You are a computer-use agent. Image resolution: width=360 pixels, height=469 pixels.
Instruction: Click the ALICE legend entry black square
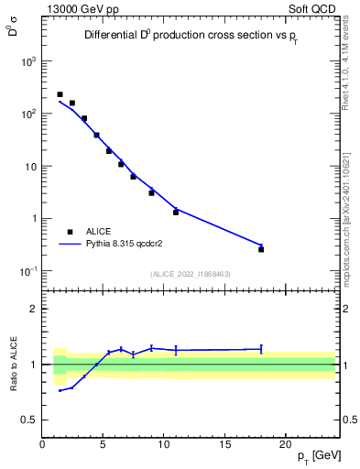point(71,232)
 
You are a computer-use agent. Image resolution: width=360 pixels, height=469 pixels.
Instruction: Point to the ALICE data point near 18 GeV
point(261,249)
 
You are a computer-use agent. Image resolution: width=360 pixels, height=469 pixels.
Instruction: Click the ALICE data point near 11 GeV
point(176,212)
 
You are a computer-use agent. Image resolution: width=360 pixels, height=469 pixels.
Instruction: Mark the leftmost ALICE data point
point(60,94)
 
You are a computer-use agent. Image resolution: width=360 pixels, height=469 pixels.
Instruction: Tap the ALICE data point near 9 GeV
point(151,192)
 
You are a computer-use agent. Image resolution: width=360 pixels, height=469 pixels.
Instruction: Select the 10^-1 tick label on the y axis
point(27,271)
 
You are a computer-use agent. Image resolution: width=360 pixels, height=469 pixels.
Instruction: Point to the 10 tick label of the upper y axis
point(30,167)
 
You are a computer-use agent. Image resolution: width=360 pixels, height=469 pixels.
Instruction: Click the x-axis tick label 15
point(225,444)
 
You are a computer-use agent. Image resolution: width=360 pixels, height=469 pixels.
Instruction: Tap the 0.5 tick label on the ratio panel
point(29,420)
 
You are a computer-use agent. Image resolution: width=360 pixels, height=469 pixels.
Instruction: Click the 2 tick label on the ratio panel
point(34,309)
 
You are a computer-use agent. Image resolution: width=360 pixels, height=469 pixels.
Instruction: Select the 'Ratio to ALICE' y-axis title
point(14,364)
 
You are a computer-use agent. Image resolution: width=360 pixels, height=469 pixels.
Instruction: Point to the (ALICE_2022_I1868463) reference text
point(191,274)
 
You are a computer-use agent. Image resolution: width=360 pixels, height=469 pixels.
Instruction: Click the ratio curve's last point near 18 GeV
point(261,348)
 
